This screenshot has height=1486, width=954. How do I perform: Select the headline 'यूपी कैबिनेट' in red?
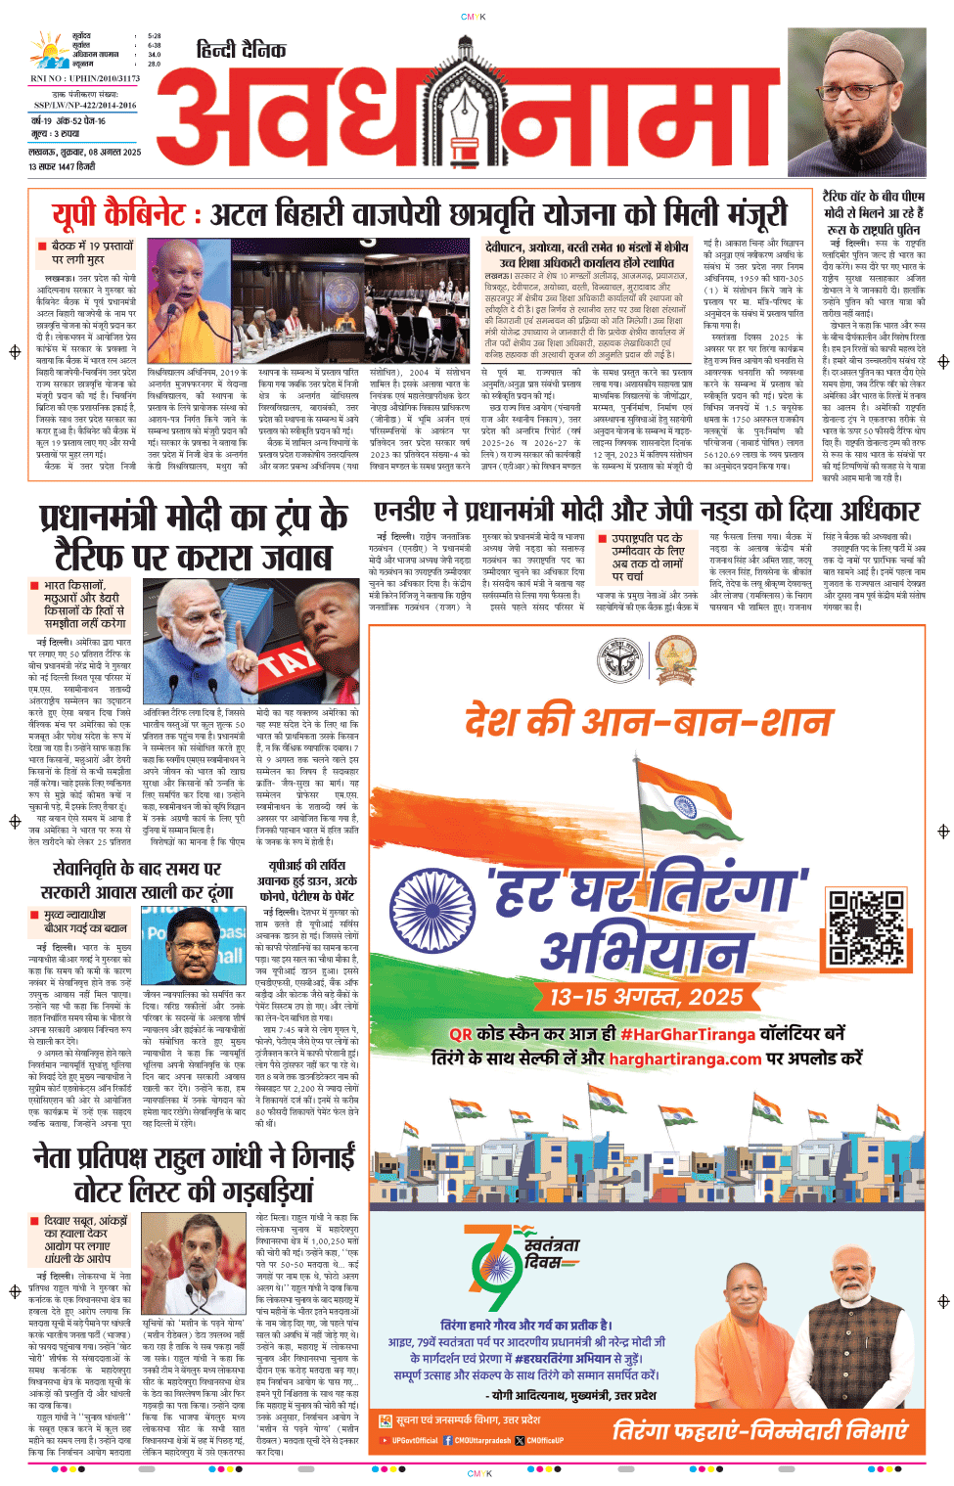coord(118,214)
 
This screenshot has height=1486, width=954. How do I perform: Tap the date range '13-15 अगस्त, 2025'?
coord(646,997)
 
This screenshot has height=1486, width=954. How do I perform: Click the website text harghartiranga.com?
coord(685,1058)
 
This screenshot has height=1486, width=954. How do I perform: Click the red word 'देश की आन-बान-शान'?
coord(647,722)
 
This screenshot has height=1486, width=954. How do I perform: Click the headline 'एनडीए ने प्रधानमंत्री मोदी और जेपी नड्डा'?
coord(646,512)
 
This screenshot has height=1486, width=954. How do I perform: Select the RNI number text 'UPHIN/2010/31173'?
coord(103,78)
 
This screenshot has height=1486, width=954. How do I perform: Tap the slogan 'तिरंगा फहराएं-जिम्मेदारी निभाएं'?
coord(759,1431)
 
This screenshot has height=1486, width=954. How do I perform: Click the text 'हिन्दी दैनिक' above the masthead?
coord(241,50)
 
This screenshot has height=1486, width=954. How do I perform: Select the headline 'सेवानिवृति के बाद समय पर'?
coord(137,869)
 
